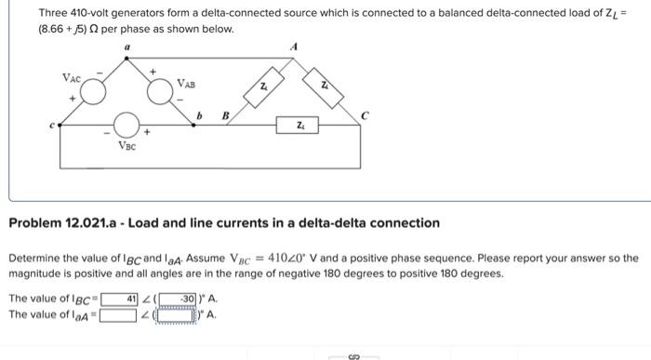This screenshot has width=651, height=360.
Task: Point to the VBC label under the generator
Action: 126,146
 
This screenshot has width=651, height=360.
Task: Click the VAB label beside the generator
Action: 187,85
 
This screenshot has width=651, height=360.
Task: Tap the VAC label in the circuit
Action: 71,77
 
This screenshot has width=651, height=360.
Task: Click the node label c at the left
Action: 53,127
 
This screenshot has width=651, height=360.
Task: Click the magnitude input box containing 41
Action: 120,300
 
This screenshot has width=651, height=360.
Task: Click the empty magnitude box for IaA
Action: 120,314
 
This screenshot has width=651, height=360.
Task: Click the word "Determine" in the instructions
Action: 35,258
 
